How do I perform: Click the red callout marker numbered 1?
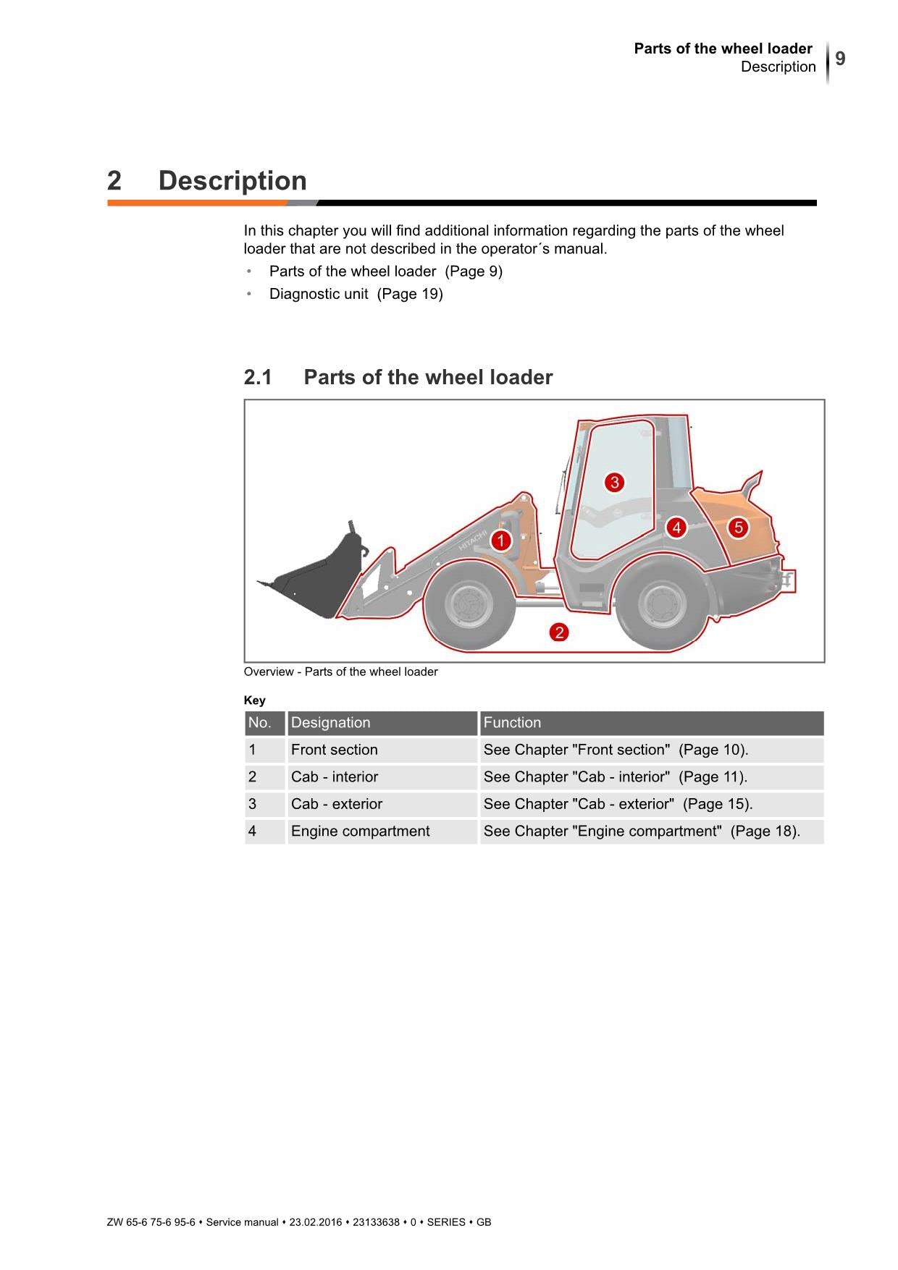[x=500, y=541]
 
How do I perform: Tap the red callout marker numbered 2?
[x=558, y=632]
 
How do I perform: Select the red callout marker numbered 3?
[x=614, y=483]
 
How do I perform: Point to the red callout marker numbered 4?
[x=676, y=528]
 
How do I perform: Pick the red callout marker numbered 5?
[x=738, y=528]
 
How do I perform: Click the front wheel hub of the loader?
[x=468, y=604]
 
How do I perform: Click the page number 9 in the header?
[x=840, y=59]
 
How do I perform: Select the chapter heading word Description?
[x=232, y=180]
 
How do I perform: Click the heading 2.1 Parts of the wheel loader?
[x=398, y=377]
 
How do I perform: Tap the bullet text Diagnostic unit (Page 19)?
[x=356, y=294]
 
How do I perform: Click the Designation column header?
[x=330, y=722]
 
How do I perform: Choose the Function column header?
[x=512, y=722]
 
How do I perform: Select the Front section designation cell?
[x=334, y=750]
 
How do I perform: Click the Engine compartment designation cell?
[x=360, y=831]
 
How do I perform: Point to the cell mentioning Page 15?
[x=618, y=804]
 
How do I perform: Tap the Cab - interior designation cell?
[x=334, y=776]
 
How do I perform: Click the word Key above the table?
[x=254, y=700]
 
